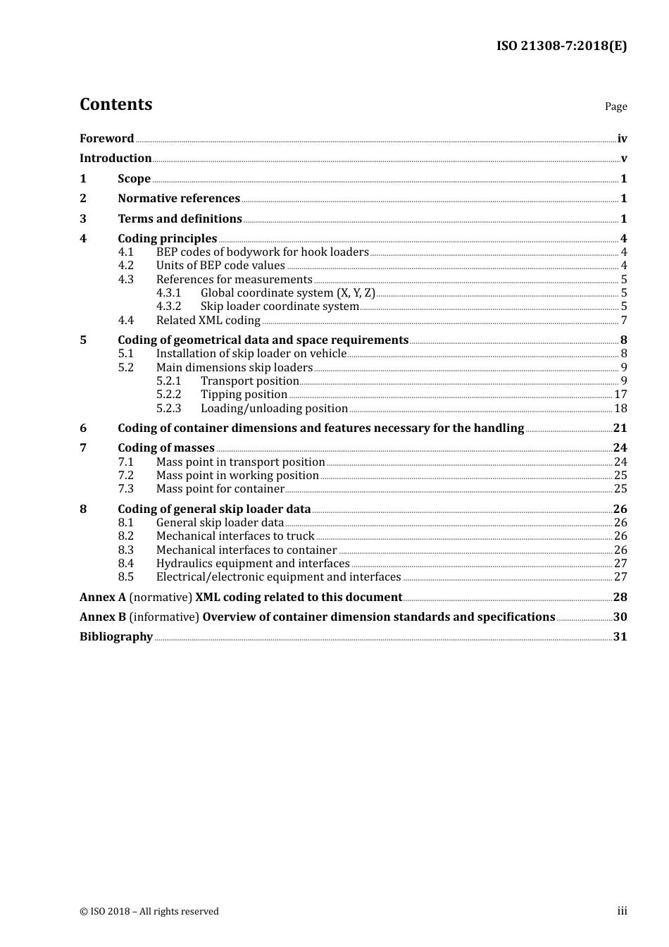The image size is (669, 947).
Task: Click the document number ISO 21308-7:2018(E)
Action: [561, 47]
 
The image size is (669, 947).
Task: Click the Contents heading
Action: [115, 104]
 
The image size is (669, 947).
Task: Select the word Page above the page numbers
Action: [615, 106]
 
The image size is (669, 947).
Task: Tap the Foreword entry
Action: [106, 139]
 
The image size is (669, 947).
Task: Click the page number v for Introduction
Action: [623, 159]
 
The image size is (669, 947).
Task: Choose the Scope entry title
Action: [134, 179]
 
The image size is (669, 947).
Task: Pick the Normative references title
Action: [179, 199]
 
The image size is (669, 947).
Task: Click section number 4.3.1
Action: [168, 293]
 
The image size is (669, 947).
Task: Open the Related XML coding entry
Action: [208, 321]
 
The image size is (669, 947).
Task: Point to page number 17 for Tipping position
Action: [620, 395]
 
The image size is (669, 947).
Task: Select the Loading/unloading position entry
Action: [274, 409]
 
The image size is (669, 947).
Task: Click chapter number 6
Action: [83, 428]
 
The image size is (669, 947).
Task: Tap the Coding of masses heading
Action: [166, 448]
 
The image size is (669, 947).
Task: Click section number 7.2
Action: [125, 476]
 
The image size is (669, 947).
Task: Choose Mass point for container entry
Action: [220, 489]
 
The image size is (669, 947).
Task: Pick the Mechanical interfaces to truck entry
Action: [235, 536]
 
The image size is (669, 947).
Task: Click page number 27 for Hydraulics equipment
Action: [620, 564]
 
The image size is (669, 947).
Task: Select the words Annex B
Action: [103, 617]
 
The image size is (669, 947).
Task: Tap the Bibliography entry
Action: [116, 637]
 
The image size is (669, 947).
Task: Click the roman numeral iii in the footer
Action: [622, 911]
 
